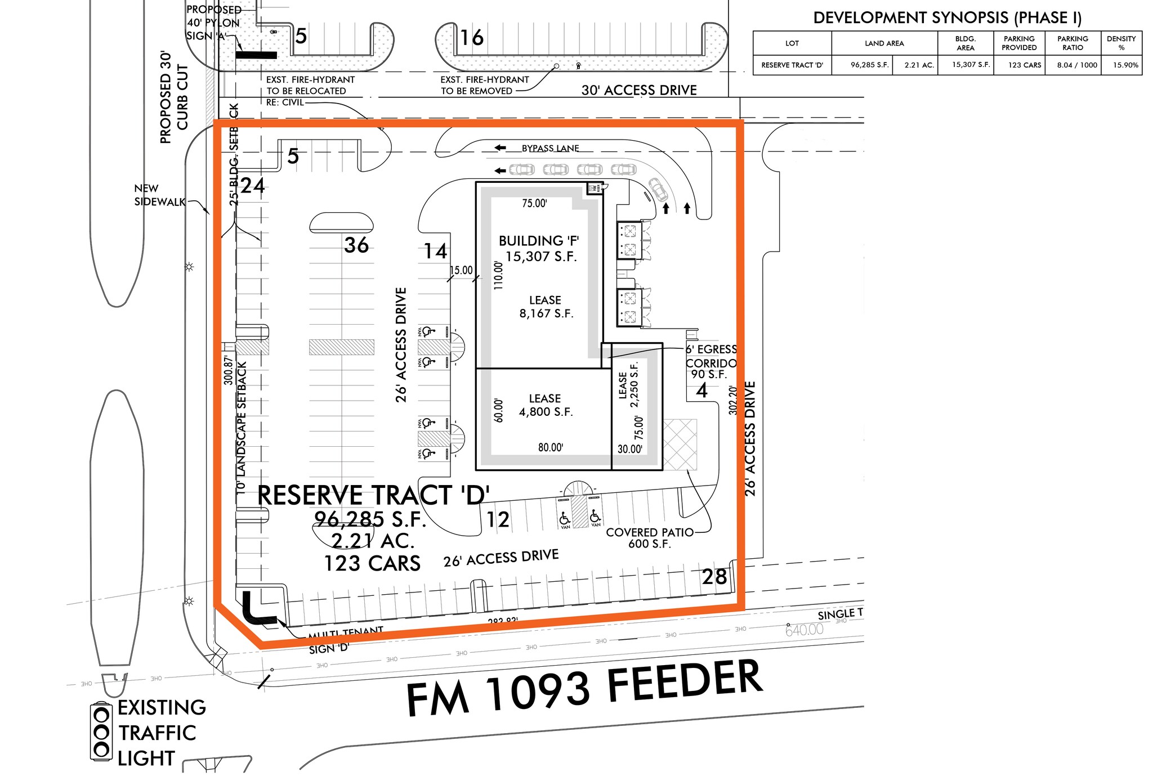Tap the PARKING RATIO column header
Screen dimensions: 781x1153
point(1072,43)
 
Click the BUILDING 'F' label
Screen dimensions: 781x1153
point(539,241)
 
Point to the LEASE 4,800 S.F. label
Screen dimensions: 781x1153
point(545,405)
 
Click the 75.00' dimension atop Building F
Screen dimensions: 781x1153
point(534,204)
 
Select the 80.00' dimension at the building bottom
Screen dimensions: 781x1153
point(550,447)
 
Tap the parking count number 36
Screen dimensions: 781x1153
point(356,245)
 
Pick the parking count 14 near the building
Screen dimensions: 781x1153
point(435,252)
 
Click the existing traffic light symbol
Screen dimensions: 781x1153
point(101,732)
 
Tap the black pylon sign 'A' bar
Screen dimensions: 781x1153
point(256,55)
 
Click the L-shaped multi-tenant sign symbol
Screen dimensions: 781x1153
point(256,611)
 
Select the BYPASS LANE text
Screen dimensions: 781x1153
point(550,149)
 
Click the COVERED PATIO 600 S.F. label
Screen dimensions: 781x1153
point(649,538)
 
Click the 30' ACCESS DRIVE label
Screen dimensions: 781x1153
point(639,90)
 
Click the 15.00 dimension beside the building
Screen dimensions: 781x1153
point(461,271)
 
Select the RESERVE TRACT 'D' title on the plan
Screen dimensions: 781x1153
point(373,495)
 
